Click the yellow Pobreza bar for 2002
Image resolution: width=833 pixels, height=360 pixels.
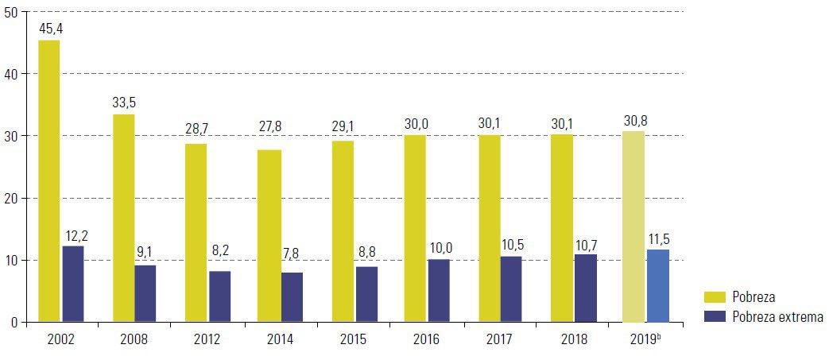tap(49, 181)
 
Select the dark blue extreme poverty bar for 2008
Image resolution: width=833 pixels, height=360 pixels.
tap(145, 293)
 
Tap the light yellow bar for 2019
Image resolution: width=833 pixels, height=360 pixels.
tap(633, 226)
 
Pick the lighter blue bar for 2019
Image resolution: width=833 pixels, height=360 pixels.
tap(658, 286)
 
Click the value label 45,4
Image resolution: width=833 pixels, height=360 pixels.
tap(49, 29)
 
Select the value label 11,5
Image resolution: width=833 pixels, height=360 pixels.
tap(658, 238)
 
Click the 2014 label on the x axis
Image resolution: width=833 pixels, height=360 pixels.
tap(281, 339)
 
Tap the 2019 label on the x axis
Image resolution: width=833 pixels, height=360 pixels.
tap(645, 339)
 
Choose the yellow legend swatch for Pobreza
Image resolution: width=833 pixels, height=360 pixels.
tap(716, 296)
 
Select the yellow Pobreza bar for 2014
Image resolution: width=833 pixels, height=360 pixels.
tap(270, 236)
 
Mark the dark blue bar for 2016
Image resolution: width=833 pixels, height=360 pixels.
tap(438, 290)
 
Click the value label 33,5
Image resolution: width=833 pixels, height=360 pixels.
tap(123, 103)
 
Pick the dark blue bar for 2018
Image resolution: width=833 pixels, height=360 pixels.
tap(586, 288)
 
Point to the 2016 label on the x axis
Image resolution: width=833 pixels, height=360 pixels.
tap(427, 339)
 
